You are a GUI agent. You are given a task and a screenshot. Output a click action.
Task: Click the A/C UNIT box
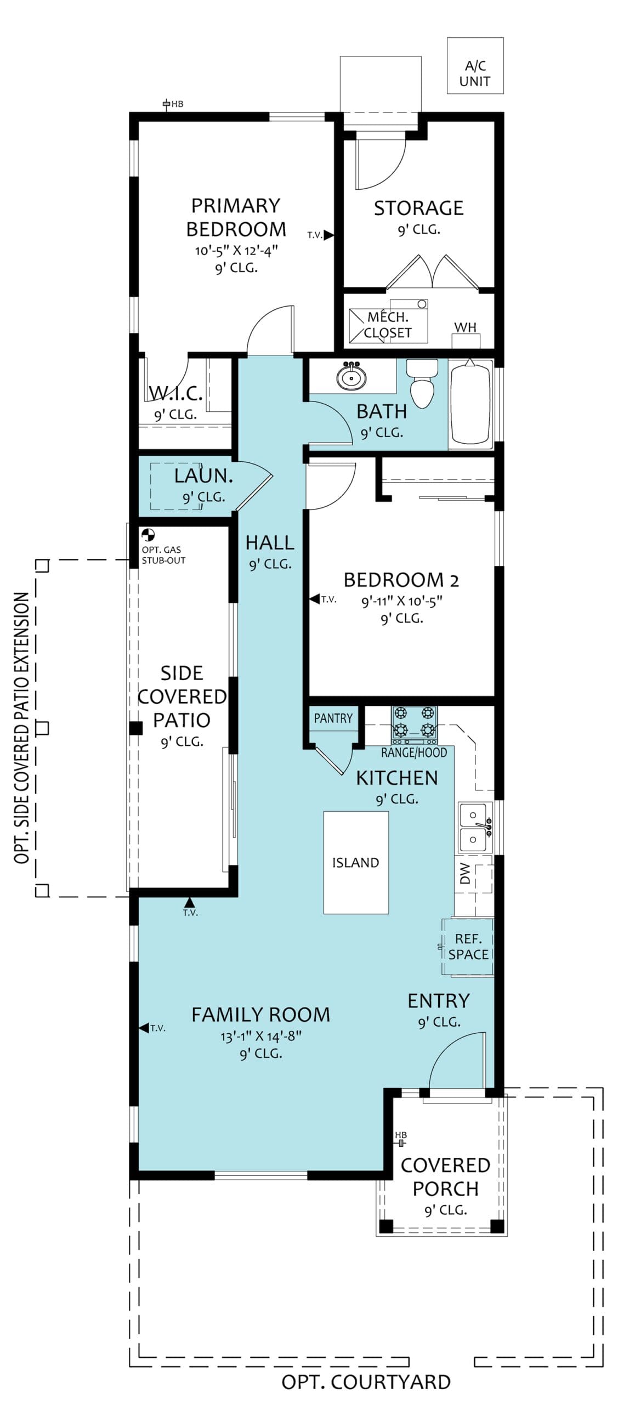[x=475, y=65]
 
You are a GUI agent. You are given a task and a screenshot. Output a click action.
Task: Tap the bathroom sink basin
[x=351, y=377]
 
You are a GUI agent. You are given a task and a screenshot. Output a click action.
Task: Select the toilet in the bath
[x=422, y=383]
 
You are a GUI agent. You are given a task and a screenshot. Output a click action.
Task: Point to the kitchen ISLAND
[x=356, y=862]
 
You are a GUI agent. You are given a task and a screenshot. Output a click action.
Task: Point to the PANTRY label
[x=333, y=718]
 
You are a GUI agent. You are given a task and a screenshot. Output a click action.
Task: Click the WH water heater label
[x=465, y=327]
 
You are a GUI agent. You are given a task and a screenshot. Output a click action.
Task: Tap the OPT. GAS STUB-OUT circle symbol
[x=148, y=535]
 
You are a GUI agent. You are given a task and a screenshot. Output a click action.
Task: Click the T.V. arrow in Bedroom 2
[x=315, y=599]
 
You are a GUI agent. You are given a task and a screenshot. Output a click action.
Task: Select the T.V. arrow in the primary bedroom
[x=329, y=235]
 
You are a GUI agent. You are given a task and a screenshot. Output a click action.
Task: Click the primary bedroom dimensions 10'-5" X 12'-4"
[x=236, y=251]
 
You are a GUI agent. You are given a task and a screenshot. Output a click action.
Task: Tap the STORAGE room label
[x=419, y=208]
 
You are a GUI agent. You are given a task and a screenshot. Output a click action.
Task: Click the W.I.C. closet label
[x=176, y=393]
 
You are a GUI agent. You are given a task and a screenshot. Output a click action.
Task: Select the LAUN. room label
[x=203, y=476]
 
